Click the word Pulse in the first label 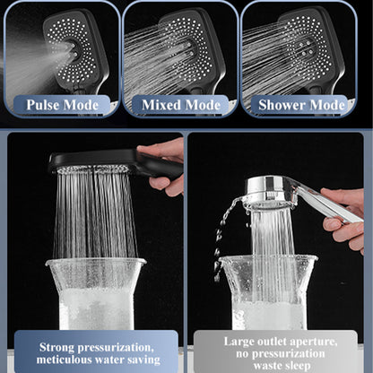(43, 105)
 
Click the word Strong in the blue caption (57, 348)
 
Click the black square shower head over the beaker (115, 162)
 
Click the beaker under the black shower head (96, 294)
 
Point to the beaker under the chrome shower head (268, 293)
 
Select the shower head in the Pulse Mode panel (74, 51)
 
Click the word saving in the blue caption (143, 360)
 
